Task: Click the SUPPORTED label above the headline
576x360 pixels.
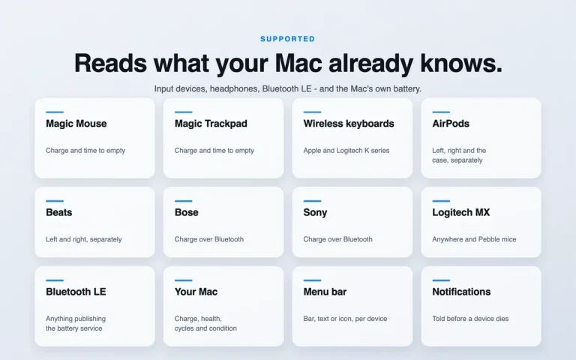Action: (288, 39)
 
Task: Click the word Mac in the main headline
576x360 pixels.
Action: (298, 63)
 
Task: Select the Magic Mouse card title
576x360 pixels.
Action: (76, 124)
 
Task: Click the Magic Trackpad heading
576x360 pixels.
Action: (211, 124)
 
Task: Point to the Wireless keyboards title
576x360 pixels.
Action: (349, 124)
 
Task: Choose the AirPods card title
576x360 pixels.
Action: (451, 124)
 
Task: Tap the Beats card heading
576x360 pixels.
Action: (58, 212)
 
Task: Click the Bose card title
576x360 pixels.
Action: (187, 212)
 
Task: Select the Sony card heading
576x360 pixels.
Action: (315, 213)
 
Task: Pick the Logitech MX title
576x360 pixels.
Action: (461, 213)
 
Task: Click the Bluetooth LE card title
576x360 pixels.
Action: (76, 292)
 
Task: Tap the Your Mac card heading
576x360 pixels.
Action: (196, 292)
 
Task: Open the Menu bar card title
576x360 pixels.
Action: (325, 292)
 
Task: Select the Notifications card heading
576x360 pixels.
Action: (461, 292)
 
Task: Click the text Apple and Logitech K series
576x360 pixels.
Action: (346, 151)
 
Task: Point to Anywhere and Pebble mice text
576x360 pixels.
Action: (474, 239)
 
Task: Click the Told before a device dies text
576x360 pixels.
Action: (470, 319)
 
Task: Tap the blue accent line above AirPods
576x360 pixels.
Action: (441, 112)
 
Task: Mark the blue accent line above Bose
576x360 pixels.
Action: (183, 201)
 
